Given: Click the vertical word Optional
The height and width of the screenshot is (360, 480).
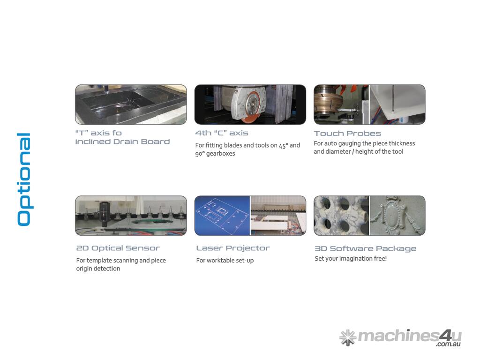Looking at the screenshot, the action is tap(24, 180).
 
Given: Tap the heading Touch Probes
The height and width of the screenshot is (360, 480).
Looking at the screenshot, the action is tap(347, 134).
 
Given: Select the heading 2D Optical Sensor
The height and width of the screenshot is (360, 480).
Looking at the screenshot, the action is tap(118, 248).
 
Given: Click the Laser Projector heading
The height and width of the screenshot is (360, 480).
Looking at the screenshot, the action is tap(233, 248).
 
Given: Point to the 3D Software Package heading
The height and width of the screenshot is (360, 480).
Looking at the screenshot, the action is tap(366, 248).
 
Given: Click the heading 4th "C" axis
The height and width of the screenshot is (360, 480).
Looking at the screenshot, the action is tap(222, 133).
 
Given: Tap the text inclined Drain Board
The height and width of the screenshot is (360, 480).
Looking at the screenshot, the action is tap(122, 142).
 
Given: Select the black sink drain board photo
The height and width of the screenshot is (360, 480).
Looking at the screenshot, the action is tap(131, 105).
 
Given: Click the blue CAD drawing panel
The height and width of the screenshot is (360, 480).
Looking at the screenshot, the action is tap(222, 216).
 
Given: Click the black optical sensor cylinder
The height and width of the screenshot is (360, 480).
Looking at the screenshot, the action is tap(105, 214).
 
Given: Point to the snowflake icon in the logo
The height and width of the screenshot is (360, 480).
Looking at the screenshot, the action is tap(348, 337).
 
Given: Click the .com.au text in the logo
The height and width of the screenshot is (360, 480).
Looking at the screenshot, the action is tap(448, 344).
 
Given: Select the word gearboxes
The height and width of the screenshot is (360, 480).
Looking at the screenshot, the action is tap(220, 154).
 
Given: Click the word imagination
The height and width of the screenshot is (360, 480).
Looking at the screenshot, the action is tap(359, 259).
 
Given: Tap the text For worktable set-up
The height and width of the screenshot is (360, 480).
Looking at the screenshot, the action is tap(225, 261).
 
